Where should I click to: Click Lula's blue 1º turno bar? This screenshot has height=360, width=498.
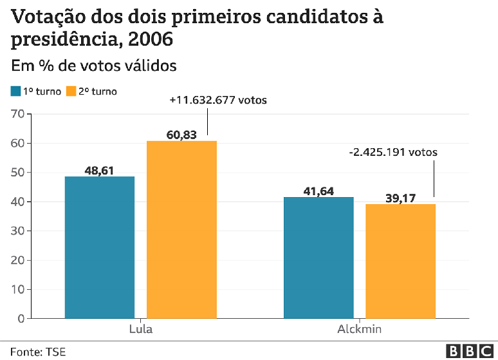(100, 247)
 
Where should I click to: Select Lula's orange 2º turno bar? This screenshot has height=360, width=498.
(181, 229)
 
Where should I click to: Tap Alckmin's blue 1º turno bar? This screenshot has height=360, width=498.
(318, 258)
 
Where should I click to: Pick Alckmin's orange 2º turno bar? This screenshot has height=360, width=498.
(400, 261)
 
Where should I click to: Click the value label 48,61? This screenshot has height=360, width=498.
(100, 171)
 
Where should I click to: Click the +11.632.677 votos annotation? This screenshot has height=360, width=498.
(217, 100)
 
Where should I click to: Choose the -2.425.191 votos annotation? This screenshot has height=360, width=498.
(392, 153)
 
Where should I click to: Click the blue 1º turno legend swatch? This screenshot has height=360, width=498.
(15, 91)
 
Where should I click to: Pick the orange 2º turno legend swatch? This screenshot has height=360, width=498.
(71, 91)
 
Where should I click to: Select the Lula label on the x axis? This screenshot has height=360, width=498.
(140, 329)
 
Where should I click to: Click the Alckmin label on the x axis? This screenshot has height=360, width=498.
(359, 329)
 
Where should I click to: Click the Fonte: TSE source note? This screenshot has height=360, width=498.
(38, 352)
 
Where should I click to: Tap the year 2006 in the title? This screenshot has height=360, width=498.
(151, 40)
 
